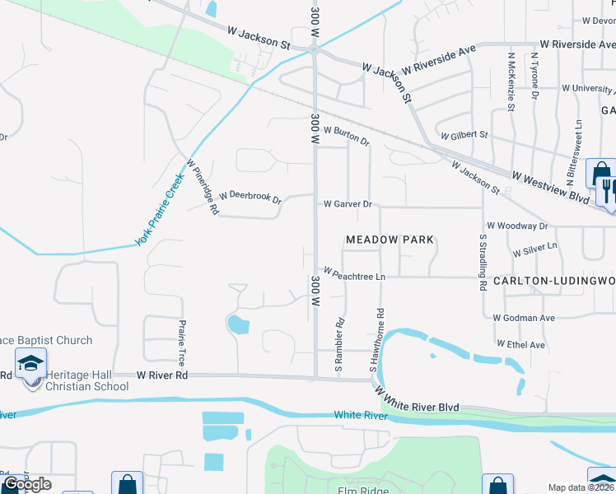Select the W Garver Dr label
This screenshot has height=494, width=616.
click(348, 203)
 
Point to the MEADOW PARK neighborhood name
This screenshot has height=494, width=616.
click(389, 240)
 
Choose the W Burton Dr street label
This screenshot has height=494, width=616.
click(346, 135)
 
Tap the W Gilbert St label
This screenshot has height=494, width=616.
click(464, 135)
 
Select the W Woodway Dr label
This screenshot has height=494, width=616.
click(517, 226)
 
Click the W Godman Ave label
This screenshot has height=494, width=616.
click(524, 318)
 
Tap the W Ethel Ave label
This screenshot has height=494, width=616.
click(520, 345)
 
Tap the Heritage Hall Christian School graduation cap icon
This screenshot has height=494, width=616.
click(30, 363)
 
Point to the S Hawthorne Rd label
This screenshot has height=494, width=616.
click(380, 338)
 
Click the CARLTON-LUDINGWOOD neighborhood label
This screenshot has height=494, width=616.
click(554, 282)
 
